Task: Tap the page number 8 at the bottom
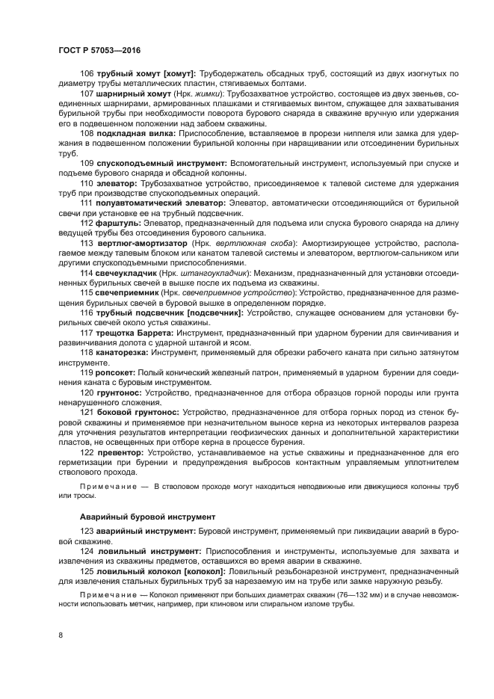(x=61, y=635)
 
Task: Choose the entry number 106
(x=86, y=73)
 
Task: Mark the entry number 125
(x=86, y=570)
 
